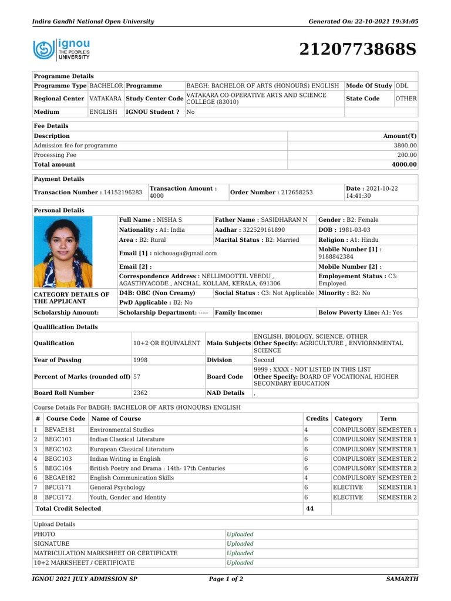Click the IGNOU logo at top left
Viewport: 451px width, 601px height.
coord(62,49)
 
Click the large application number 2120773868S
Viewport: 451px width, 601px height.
coord(358,50)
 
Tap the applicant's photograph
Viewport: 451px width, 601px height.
coord(63,252)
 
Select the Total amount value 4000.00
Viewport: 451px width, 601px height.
coord(404,165)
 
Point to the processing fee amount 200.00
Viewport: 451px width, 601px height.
coord(407,155)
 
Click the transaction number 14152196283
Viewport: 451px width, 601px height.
coord(122,193)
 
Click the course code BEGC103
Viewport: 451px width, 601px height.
coord(58,458)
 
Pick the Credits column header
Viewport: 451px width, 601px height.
coord(317,418)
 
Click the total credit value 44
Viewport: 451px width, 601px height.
coord(310,508)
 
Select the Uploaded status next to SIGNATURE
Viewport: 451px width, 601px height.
coord(240,543)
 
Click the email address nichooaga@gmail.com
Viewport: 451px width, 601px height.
coord(185,254)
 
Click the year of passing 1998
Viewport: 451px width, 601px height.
coord(140,360)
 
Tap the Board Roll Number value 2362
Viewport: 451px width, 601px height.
coord(140,393)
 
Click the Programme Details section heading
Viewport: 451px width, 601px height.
coord(63,76)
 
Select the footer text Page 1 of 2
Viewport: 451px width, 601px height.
coord(225,579)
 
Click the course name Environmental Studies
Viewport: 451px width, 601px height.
coord(122,430)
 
